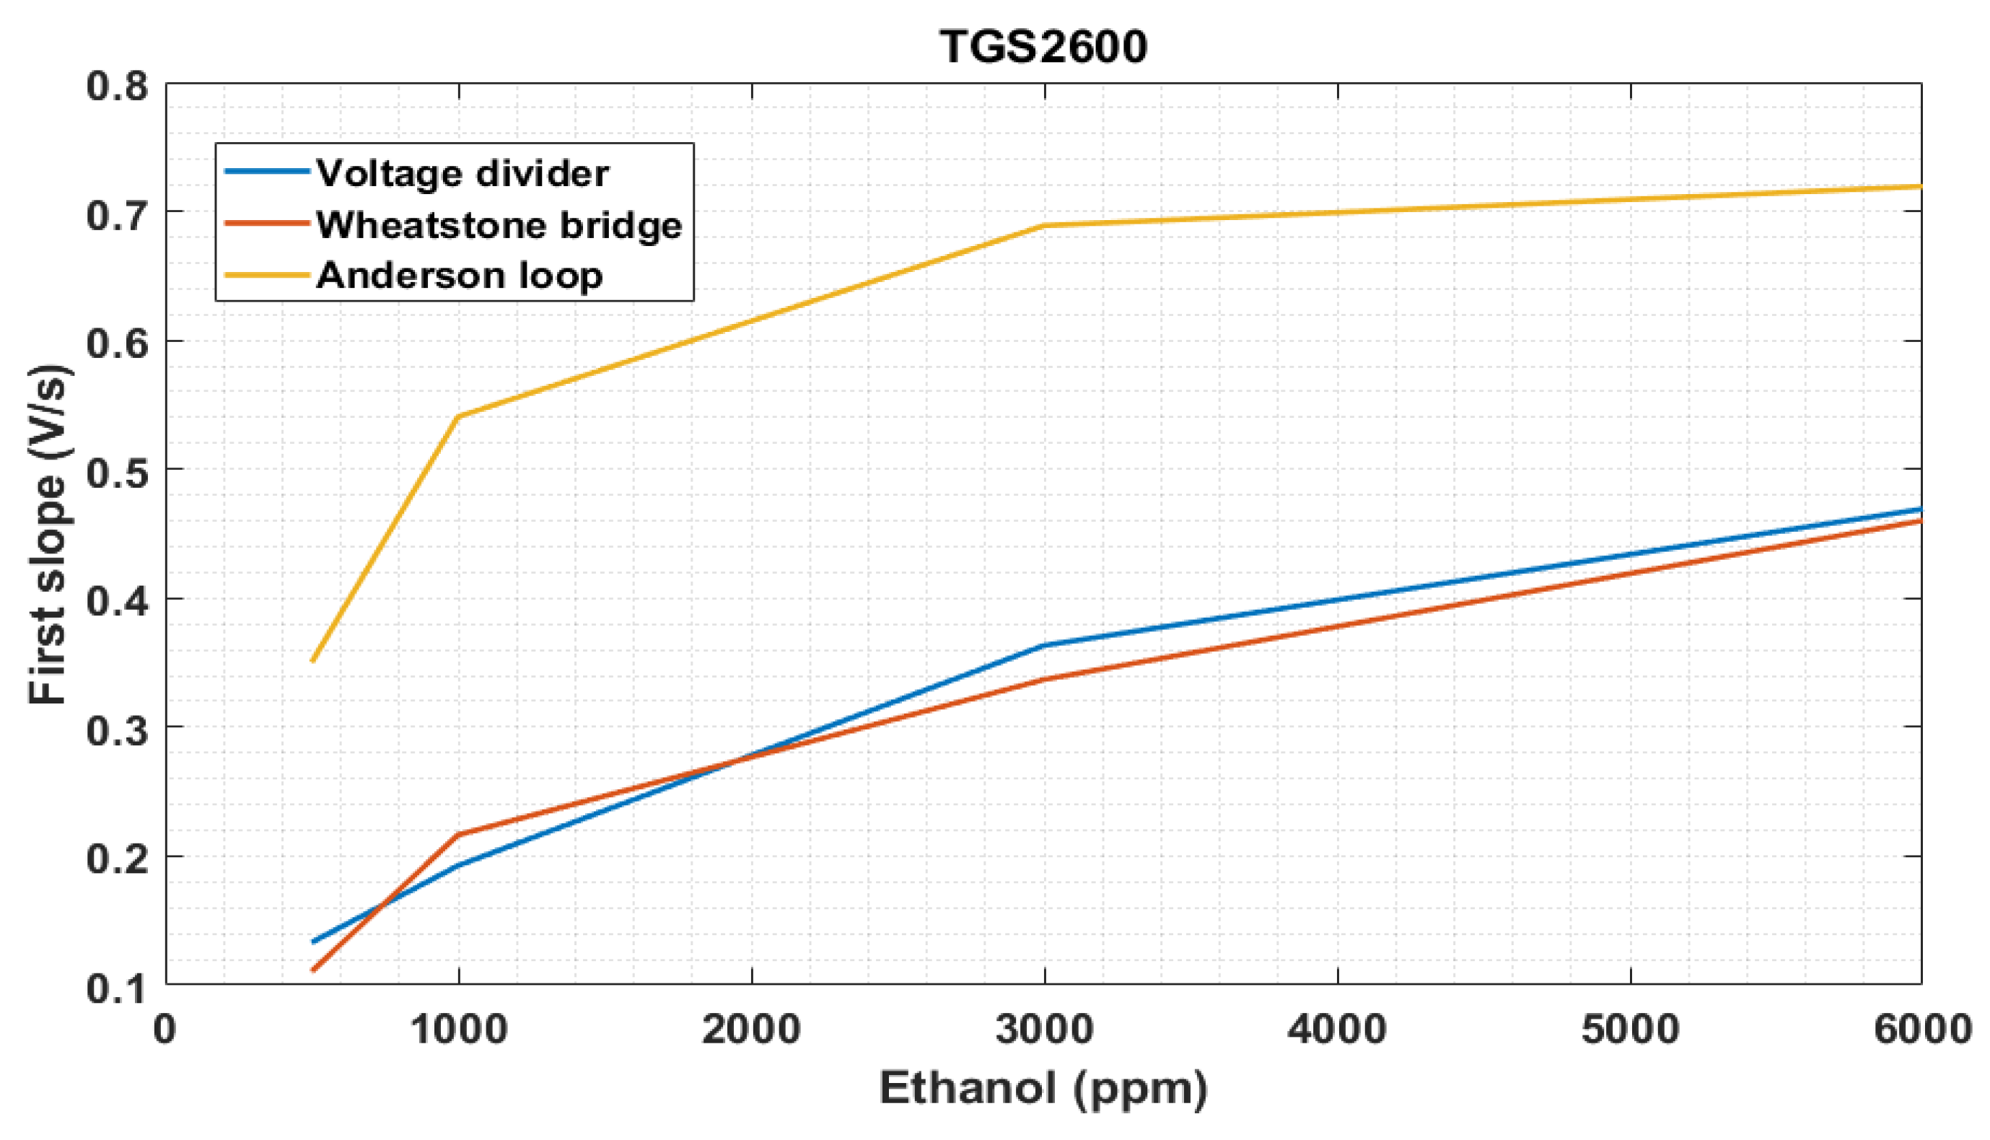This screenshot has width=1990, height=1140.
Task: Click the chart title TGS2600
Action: pos(1043,46)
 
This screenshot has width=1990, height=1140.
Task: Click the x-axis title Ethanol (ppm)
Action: pos(1043,1088)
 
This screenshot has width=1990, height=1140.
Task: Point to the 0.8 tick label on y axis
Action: pos(118,85)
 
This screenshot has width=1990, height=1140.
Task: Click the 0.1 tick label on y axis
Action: pos(118,987)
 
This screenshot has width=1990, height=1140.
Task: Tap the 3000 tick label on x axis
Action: pos(1044,1029)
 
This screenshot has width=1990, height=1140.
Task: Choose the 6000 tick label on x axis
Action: pos(1922,1029)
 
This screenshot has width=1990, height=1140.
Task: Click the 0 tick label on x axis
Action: pos(165,1029)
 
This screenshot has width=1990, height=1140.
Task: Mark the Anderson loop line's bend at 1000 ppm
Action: pos(460,416)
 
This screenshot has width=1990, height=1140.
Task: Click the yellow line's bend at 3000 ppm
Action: pos(1044,226)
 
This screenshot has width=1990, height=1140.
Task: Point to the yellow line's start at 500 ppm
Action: pos(313,661)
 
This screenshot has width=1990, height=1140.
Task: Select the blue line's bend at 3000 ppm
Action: pos(1044,645)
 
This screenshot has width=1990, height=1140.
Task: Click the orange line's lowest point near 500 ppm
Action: pos(313,970)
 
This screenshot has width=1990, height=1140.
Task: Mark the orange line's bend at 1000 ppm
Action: pos(460,835)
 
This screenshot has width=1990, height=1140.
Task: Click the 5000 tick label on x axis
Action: pos(1630,1029)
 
